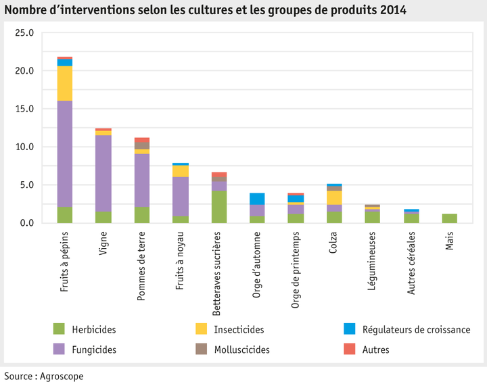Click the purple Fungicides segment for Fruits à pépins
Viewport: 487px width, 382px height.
point(65,153)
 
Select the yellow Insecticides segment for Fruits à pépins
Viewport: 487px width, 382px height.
point(65,83)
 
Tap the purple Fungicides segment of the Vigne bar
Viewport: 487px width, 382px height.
point(103,173)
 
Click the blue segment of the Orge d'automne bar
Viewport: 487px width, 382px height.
point(258,199)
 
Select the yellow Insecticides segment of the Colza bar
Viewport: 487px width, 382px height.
point(335,197)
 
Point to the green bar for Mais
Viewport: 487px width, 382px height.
point(450,218)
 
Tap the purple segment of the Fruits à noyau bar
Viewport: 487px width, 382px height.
point(181,197)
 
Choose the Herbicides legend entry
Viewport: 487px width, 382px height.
point(94,329)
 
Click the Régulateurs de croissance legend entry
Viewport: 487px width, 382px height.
point(415,329)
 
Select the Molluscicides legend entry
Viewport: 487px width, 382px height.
point(241,350)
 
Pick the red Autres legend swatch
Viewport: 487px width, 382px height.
point(350,350)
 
